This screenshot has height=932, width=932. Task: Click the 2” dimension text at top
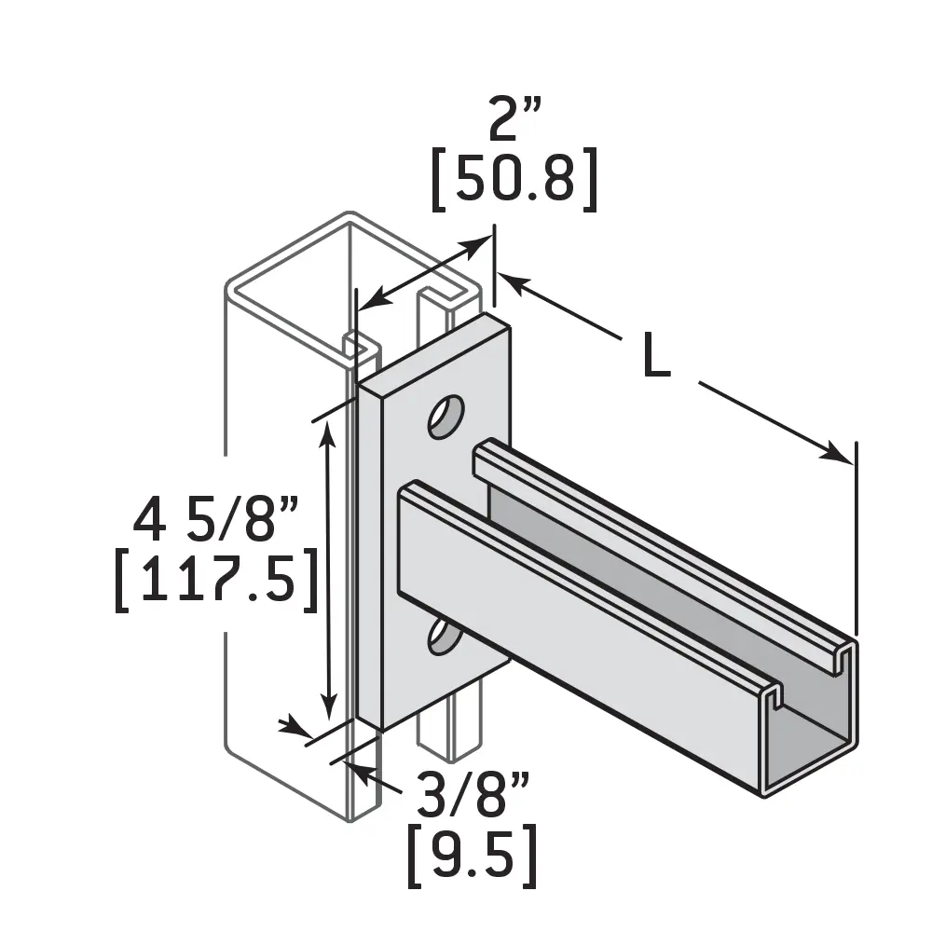pyautogui.click(x=514, y=122)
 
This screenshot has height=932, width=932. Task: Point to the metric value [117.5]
pyautogui.click(x=215, y=583)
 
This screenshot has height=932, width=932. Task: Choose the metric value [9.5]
pyautogui.click(x=472, y=858)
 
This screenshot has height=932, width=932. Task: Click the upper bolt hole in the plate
pyautogui.click(x=445, y=417)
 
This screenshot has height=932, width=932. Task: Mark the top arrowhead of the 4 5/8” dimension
pyautogui.click(x=327, y=432)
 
